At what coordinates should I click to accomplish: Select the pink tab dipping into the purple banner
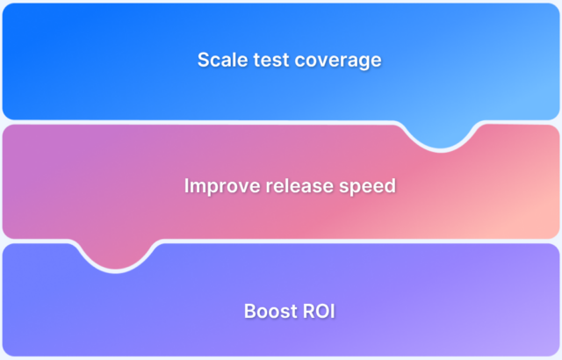click(119, 254)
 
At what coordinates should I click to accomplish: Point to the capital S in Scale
click(203, 60)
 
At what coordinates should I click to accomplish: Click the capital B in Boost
click(249, 312)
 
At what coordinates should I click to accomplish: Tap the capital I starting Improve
click(187, 186)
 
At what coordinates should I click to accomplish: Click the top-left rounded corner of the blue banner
click(8, 8)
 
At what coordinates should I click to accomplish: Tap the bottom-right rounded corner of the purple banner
click(553, 350)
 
